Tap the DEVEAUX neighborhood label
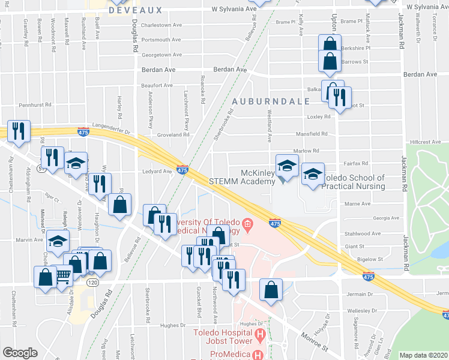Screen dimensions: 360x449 (136, 10)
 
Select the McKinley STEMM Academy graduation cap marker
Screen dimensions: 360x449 (287, 166)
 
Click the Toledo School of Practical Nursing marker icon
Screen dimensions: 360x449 (312, 174)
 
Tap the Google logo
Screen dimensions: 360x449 (20, 353)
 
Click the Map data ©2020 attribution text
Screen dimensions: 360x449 (423, 355)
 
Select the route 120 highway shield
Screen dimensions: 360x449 (92, 281)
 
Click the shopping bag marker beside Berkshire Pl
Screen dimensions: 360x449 (330, 45)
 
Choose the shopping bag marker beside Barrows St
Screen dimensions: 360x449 (330, 61)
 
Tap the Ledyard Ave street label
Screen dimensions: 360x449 (157, 171)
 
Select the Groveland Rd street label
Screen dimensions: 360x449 (173, 135)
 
